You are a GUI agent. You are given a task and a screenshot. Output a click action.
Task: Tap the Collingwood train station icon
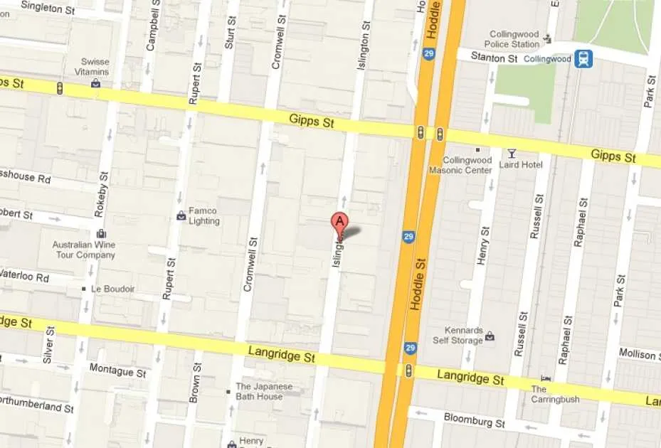pos(583,58)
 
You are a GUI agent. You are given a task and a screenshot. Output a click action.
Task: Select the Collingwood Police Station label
pos(514,39)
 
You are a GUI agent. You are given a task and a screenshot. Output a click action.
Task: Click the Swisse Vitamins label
pos(95,67)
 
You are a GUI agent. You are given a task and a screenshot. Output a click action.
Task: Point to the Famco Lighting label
pos(204,215)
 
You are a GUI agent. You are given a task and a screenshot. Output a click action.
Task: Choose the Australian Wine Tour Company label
pos(84,250)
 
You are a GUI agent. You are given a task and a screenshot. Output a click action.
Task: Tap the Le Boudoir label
pos(112,289)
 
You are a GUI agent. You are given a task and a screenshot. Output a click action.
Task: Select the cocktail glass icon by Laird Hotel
pos(512,153)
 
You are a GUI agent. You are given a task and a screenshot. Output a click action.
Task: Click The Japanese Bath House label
pos(260,391)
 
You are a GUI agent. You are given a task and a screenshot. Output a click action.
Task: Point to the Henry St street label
pos(485,245)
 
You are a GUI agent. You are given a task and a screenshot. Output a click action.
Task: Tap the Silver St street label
pos(48,346)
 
